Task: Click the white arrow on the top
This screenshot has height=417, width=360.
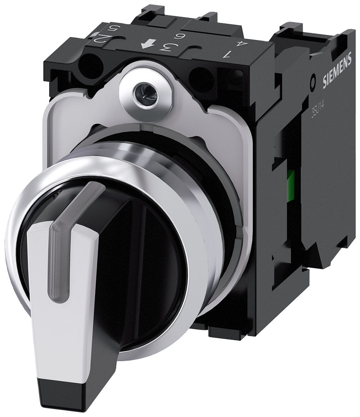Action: [146, 45]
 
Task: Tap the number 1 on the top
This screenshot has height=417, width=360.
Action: [227, 53]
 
